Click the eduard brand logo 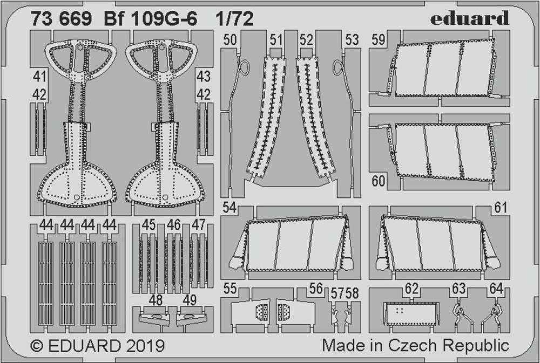tap(470, 19)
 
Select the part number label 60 tap(378, 181)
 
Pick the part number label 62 tap(412, 290)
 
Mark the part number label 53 tap(352, 40)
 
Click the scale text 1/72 tap(234, 19)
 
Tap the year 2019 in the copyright tap(145, 345)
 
